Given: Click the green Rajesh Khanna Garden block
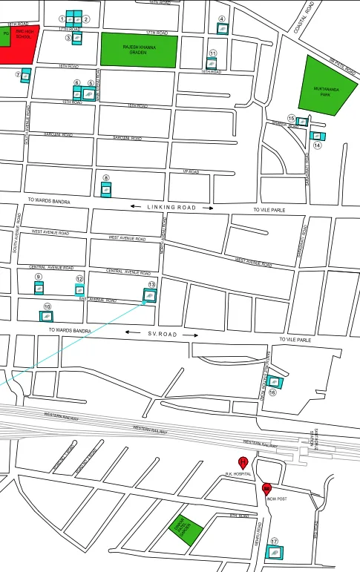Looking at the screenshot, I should click(140, 51).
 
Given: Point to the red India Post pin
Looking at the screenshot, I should click(267, 488).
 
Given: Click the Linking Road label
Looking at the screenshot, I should click(171, 208).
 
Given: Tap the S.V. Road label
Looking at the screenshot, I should click(163, 335).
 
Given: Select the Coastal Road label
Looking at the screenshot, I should click(306, 16).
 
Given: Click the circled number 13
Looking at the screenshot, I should click(151, 284).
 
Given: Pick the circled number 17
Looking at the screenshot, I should click(274, 542).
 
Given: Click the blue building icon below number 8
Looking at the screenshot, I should click(106, 190).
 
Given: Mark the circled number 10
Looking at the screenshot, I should click(47, 306).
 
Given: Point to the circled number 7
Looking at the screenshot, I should click(17, 75).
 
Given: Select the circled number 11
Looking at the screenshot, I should click(212, 53).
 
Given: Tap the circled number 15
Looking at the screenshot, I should click(291, 119).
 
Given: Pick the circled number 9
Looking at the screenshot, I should click(38, 277).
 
